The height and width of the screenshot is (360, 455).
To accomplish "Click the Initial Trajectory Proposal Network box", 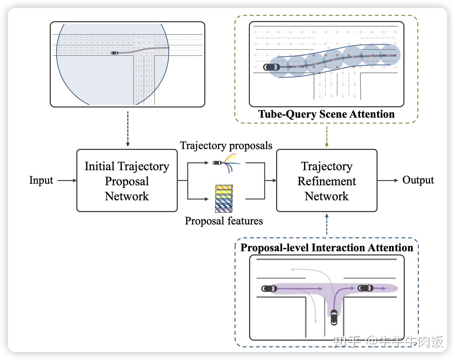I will coord(127,181).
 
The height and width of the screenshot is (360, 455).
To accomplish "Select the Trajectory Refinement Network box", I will coord(326,181).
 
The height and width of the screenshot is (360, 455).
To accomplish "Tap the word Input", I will coord(41,180).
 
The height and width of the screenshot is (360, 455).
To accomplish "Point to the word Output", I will coord(418,180).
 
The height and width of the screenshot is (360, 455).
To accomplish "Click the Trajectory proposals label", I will coord(226,146).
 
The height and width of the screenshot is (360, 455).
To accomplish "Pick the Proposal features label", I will coord(224,221).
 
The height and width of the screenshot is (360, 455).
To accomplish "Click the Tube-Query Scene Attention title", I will coord(326,114).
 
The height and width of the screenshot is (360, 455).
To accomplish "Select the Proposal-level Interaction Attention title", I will coord(326,248).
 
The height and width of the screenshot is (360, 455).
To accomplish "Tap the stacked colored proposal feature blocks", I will coord(224,199).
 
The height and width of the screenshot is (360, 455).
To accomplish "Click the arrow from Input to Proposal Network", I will coord(67,180).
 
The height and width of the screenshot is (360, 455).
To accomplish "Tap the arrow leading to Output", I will coord(388,180).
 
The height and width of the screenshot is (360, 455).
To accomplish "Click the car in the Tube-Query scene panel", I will coord(271,67).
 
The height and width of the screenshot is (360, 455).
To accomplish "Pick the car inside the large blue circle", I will coord(115,53).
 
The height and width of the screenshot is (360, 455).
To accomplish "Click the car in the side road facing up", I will coord(334,317).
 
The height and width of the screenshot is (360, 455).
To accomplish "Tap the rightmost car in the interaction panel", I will coord(365,288).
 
